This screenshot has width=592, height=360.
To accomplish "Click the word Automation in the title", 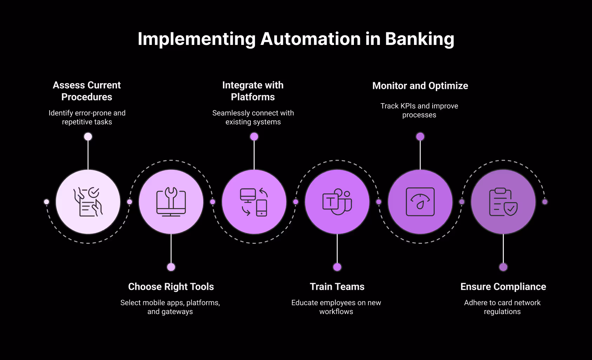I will click(x=310, y=39).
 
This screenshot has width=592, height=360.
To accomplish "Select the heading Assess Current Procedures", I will click(x=87, y=91).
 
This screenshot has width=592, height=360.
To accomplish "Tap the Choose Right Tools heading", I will click(x=171, y=287).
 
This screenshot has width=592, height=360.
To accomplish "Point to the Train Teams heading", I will click(x=337, y=287).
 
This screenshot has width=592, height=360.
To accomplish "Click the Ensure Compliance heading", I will click(x=503, y=287).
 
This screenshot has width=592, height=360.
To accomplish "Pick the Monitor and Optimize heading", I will click(x=420, y=86).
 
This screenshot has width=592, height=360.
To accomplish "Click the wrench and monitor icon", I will click(x=171, y=202).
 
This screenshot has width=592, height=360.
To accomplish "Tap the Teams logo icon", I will click(x=337, y=202).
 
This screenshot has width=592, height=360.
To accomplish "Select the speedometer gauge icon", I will click(x=420, y=202).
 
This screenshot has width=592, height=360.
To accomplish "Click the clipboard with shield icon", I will click(x=503, y=202).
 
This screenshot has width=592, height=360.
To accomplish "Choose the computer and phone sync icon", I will click(x=254, y=202).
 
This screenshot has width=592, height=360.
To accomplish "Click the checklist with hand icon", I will click(x=88, y=202).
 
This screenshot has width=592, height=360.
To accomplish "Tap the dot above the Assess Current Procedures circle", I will click(x=88, y=136).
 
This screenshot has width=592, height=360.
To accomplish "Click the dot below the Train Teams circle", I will click(x=337, y=267).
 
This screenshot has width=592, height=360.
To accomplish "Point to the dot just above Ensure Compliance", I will click(x=503, y=267).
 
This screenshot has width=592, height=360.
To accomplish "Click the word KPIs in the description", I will click(x=408, y=106).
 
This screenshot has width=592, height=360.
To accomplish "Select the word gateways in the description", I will click(x=177, y=312).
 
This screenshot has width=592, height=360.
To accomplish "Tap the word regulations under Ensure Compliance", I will click(x=502, y=312).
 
